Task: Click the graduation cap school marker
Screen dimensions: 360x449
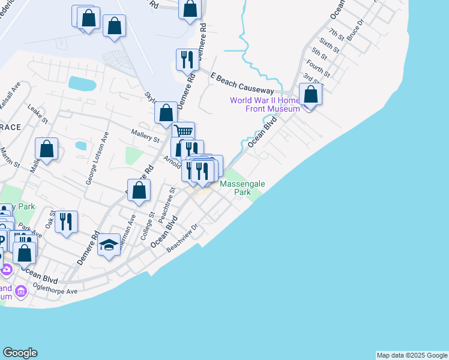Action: tap(109, 245)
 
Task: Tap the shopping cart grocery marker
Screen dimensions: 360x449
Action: tap(183, 131)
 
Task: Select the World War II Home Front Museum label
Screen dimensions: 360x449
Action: tap(265, 104)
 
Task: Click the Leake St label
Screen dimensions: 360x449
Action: tap(38, 114)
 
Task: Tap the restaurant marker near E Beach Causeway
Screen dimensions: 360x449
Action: tap(186, 59)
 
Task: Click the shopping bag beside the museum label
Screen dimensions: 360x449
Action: tap(311, 94)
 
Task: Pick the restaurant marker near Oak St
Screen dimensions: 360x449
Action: tap(66, 221)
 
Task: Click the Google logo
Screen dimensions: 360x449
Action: tap(20, 353)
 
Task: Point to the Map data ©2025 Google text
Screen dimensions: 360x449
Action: tap(411, 355)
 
